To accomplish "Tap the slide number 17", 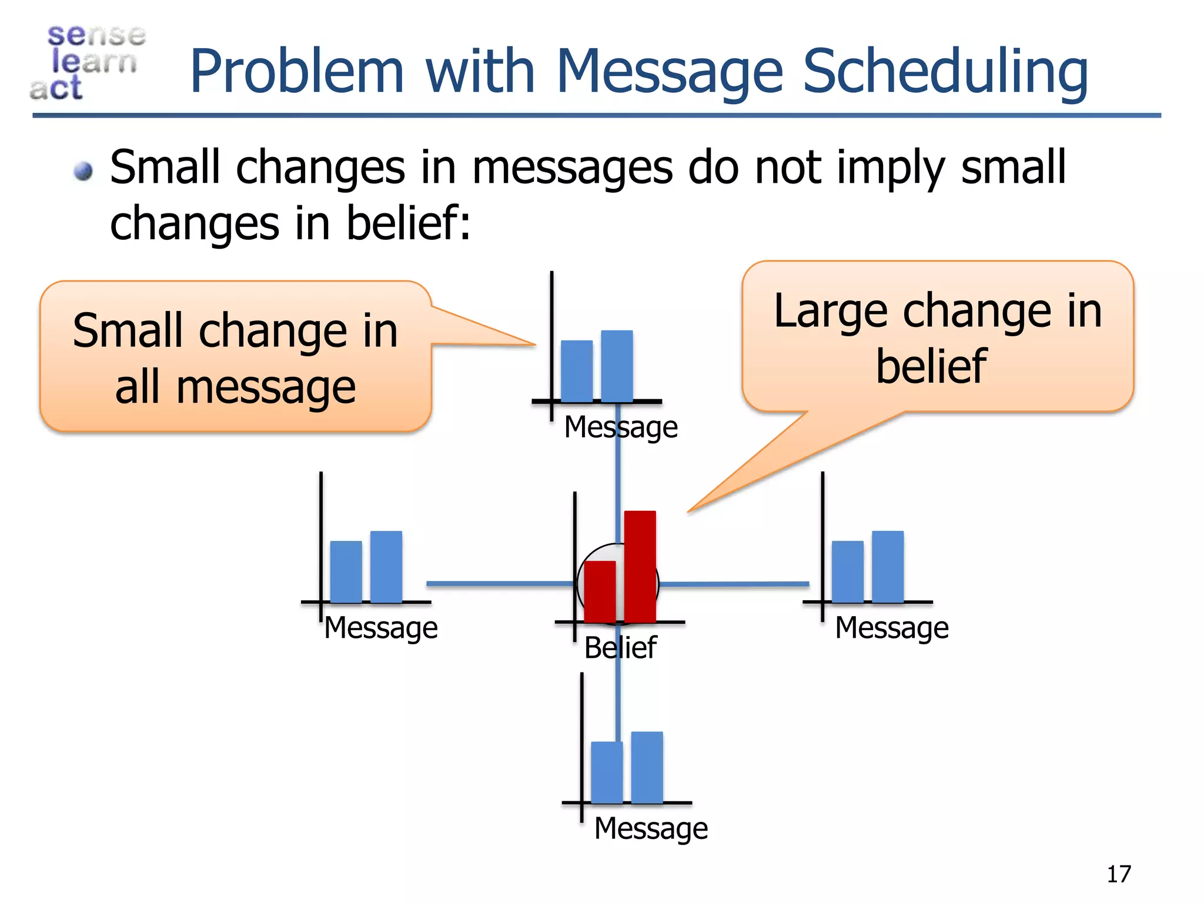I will (x=1118, y=874).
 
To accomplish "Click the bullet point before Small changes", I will (x=84, y=171).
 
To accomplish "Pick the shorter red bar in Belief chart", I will (x=600, y=591).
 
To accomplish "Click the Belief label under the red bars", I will (x=620, y=648).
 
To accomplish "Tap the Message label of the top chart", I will (x=621, y=427).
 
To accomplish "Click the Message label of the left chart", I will (x=381, y=627).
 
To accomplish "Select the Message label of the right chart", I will (x=892, y=627).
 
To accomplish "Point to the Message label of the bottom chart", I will (x=651, y=828).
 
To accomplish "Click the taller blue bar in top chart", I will (x=617, y=366).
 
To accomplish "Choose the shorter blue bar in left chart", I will (x=346, y=571).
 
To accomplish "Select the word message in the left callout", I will (x=266, y=387).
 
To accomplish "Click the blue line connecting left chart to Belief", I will (x=500, y=584).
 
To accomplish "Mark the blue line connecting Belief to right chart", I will (x=735, y=584).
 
